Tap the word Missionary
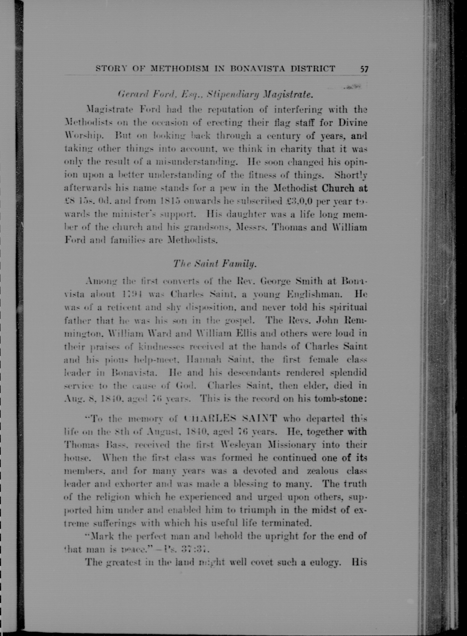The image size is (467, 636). point(287,445)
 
